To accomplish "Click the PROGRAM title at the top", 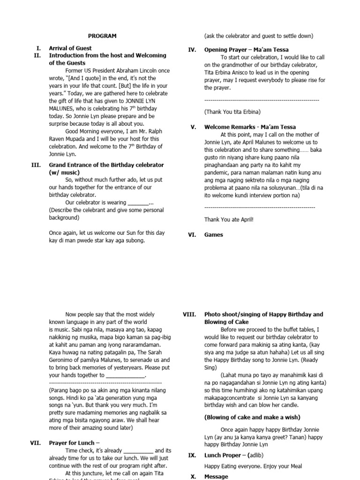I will pyautogui.click(x=103, y=36).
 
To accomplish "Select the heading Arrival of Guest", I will pyautogui.click(x=70, y=48).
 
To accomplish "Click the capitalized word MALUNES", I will pyautogui.click(x=64, y=108).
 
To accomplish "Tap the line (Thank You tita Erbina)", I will pyautogui.click(x=232, y=112).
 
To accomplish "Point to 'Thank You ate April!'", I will pyautogui.click(x=228, y=219).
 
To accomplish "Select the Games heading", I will pyautogui.click(x=214, y=235).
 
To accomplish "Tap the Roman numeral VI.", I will pyautogui.click(x=192, y=235).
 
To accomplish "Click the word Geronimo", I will pyautogui.click(x=63, y=360).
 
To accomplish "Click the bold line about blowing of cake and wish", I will pyautogui.click(x=252, y=417).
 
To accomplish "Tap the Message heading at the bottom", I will pyautogui.click(x=216, y=476).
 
